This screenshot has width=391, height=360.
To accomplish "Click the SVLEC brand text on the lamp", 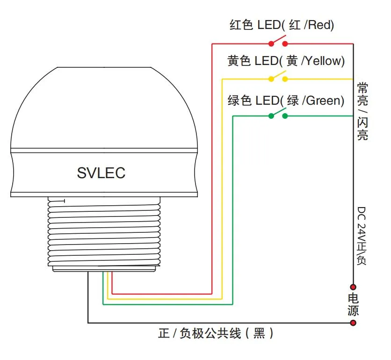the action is (101, 173).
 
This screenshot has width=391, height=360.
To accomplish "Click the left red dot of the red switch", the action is (271, 44).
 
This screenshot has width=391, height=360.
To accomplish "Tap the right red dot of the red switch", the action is (285, 44).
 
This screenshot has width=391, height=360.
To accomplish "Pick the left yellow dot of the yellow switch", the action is (271, 79).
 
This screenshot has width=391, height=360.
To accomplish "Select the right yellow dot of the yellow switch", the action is (285, 79).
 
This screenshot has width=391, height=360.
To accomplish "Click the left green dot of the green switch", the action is (271, 116).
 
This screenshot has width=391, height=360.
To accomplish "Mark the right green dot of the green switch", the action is (285, 116).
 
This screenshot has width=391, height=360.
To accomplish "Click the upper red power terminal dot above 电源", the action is (353, 287).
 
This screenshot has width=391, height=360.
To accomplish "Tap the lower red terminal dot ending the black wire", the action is (353, 323).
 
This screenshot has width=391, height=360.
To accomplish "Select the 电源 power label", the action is (353, 305).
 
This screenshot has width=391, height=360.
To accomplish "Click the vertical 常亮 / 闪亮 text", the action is (362, 111).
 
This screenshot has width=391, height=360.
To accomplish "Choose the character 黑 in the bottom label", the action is (259, 333).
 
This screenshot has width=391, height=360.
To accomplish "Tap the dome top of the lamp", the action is (104, 108).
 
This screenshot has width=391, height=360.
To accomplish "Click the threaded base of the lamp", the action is (104, 231).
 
